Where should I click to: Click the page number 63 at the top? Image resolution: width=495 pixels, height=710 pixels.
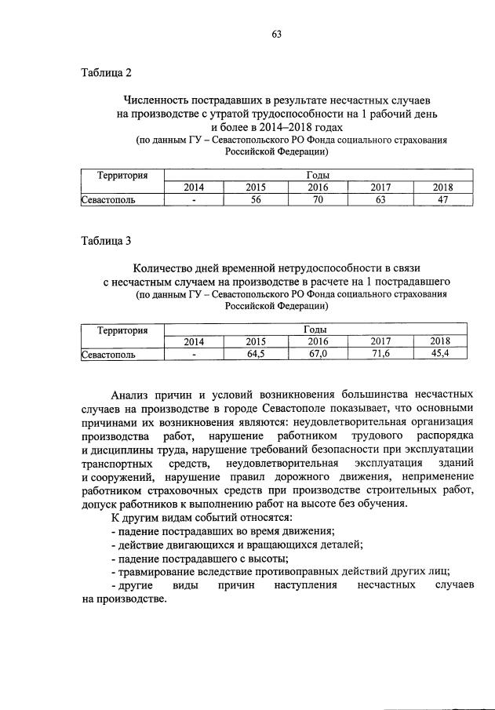pos(276,35)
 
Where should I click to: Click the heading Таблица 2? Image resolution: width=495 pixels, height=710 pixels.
pos(107,73)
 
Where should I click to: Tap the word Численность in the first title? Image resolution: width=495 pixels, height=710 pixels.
pos(158,100)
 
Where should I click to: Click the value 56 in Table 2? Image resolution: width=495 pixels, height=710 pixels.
pos(255,199)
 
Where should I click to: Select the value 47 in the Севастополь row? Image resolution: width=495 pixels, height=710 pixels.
pos(442,199)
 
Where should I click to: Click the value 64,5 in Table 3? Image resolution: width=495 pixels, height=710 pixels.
pos(255,354)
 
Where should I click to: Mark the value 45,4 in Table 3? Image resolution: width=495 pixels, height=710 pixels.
pos(442,354)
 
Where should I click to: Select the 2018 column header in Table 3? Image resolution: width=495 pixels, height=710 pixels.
pos(442,341)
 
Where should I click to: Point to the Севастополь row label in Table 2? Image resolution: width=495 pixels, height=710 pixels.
pos(109,199)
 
